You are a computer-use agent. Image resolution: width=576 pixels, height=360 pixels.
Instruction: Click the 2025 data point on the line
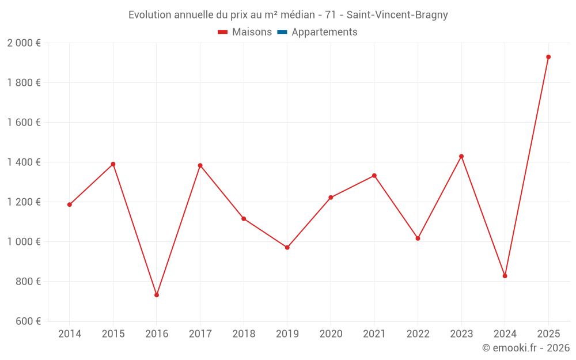(548, 57)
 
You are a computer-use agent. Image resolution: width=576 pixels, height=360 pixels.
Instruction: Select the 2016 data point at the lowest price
(157, 295)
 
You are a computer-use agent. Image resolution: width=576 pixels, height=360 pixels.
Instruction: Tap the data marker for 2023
(461, 156)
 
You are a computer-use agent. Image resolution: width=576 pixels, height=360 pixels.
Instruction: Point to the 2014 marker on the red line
(70, 204)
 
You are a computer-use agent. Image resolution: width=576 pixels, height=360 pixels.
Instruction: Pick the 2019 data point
(287, 248)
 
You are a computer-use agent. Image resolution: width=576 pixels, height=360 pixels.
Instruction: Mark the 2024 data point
(505, 276)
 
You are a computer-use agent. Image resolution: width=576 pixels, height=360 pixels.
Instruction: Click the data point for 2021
(374, 176)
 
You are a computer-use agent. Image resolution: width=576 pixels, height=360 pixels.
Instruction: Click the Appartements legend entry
(324, 32)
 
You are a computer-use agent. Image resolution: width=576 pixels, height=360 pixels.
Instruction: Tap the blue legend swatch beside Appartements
(282, 32)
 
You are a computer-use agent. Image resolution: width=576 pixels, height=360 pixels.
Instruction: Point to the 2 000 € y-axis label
(24, 43)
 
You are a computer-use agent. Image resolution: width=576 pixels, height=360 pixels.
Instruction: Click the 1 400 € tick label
(24, 162)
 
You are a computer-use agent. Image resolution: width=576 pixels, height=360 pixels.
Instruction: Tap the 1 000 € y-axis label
(24, 242)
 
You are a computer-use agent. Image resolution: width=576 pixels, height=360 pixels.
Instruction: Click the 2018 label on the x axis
(244, 334)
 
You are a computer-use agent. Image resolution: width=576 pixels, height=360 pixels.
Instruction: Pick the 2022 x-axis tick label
(418, 334)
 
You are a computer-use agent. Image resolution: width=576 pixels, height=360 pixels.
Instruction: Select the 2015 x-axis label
(113, 334)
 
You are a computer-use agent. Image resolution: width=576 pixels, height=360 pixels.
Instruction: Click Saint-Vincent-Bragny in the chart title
(397, 15)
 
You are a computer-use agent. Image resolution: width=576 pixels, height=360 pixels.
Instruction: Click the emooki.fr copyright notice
(525, 348)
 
